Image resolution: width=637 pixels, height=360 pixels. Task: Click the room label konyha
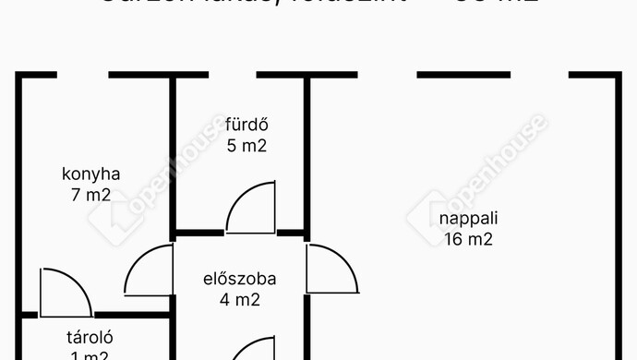[90, 174]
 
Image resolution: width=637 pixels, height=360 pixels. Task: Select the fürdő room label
[246, 125]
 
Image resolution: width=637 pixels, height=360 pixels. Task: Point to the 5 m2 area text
[246, 146]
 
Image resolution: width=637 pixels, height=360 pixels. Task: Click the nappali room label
[468, 219]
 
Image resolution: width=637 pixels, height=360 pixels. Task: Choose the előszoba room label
[240, 278]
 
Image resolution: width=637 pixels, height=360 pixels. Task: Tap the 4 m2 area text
[240, 299]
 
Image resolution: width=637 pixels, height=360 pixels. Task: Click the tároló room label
[89, 337]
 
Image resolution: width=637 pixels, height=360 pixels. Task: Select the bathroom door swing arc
[250, 209]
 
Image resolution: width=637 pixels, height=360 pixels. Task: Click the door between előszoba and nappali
[331, 269]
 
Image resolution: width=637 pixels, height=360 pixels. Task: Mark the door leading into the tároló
[65, 293]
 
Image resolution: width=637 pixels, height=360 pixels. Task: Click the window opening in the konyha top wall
[82, 75]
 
